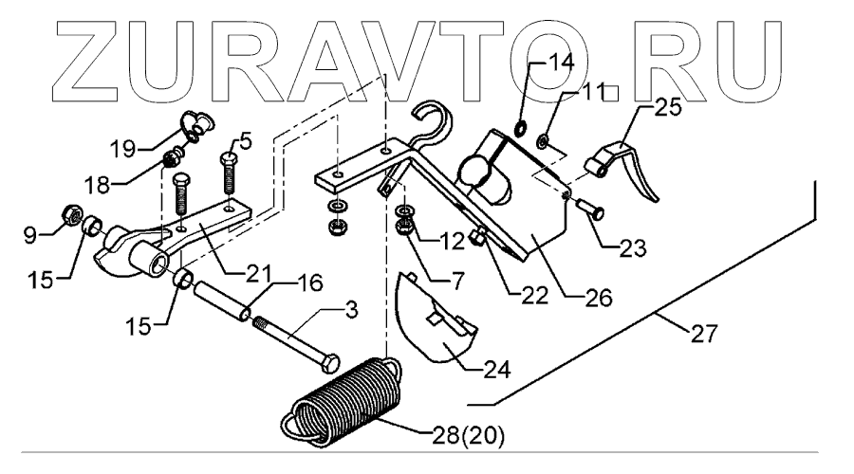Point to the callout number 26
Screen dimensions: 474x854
pos(596,297)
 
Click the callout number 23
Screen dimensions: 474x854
pos(631,249)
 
